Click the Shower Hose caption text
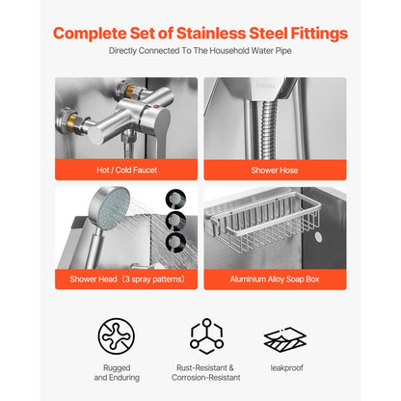tap(275, 170)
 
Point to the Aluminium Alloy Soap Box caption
tap(275, 281)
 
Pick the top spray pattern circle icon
tap(176, 198)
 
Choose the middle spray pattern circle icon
tap(176, 221)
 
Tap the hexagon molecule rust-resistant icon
tap(205, 334)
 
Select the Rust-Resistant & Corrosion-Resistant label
tap(205, 373)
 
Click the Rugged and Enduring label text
tap(116, 373)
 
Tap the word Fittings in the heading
tap(313, 35)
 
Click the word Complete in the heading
tap(93, 35)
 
